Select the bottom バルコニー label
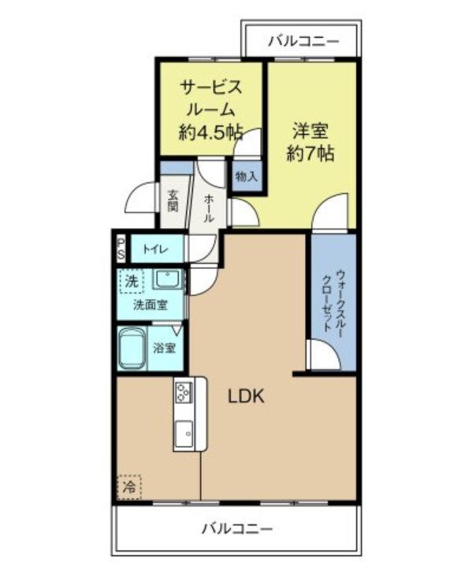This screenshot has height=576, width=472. coord(236,528)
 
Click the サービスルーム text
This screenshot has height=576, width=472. coord(210,98)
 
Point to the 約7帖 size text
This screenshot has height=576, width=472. coord(310,155)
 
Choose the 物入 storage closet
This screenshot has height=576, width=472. coord(246,176)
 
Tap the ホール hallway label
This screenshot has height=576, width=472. coord(208,208)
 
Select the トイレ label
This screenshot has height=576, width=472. coord(154,250)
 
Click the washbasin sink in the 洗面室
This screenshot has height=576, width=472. coord(168,279)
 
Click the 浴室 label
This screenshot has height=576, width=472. coord(165,348)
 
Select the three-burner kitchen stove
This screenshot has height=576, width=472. coord(184,392)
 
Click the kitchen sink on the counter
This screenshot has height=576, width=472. coord(184,434)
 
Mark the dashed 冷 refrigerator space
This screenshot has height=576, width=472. coord(128,487)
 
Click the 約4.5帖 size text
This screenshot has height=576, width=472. coord(210,133)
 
